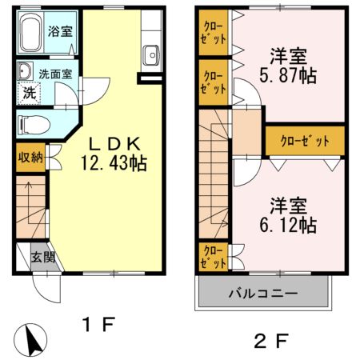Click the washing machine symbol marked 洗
coord(28,93)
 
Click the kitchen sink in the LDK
coord(150,55)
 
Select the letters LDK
coord(114,145)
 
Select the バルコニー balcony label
coord(265,294)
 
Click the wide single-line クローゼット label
coord(305,141)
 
